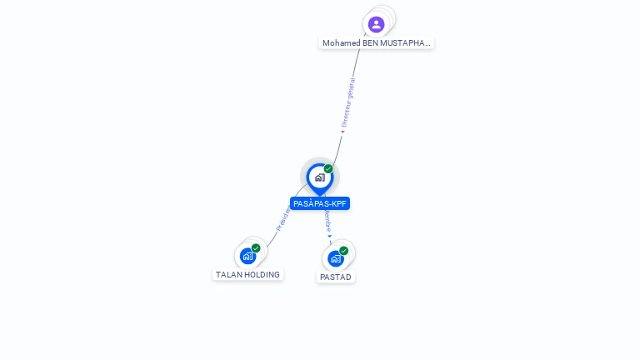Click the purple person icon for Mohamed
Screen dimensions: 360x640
376,24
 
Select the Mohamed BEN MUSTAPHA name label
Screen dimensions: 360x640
376,42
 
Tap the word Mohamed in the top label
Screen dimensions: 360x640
342,42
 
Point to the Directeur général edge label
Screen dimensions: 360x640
348,102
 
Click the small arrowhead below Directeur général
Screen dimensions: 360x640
342,131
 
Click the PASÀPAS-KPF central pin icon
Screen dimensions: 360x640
319,177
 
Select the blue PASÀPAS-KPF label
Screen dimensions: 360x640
320,203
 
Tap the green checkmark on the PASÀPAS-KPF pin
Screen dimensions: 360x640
328,169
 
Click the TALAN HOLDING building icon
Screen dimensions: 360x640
247,256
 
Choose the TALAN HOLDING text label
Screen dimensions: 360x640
247,274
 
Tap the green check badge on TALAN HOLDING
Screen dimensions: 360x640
256,247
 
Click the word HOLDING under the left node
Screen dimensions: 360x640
262,274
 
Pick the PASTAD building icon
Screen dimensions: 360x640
336,258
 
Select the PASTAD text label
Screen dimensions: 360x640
336,277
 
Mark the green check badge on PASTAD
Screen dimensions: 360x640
343,250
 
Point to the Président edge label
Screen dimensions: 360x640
283,218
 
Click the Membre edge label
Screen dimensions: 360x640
327,221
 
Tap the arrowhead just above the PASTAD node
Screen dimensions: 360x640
330,237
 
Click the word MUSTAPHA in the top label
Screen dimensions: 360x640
406,42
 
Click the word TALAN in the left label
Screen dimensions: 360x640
229,274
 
